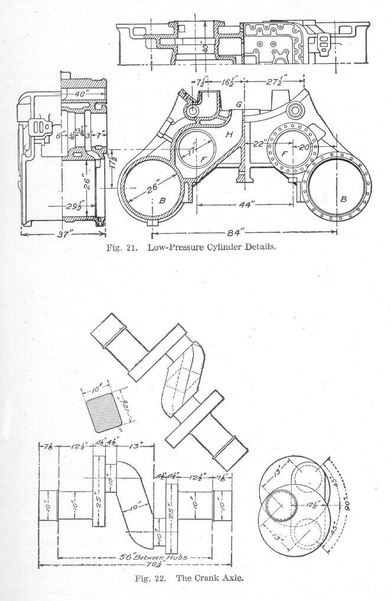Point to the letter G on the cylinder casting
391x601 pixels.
point(238,104)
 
